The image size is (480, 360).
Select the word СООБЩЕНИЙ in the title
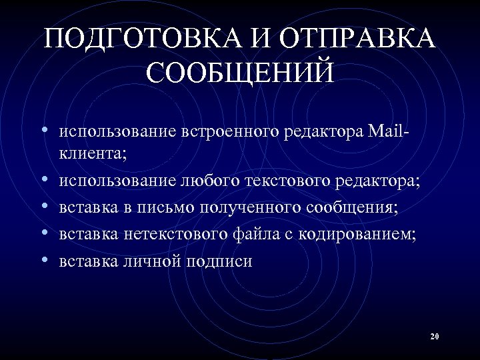[240, 73]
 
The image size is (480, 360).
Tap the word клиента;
[93, 154]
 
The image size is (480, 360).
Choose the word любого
[210, 181]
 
